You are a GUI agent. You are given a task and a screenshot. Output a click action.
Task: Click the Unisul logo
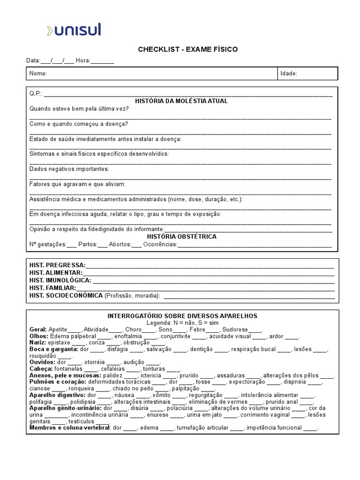click(74, 30)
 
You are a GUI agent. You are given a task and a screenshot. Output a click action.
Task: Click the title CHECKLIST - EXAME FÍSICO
click(187, 49)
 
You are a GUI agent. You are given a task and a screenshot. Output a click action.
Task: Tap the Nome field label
click(38, 74)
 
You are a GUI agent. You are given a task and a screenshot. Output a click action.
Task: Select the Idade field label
click(289, 74)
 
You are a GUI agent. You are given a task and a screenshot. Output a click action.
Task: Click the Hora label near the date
click(82, 60)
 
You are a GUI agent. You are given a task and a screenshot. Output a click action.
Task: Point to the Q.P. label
click(36, 94)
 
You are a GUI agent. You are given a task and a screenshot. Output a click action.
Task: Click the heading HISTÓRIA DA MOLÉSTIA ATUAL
click(181, 101)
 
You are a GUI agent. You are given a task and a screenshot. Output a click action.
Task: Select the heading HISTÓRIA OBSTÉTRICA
click(181, 237)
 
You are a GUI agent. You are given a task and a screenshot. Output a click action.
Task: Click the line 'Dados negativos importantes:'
click(69, 169)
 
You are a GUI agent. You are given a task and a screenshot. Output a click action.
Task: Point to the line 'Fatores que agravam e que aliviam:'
click(77, 184)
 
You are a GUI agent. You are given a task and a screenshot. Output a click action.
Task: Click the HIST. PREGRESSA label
click(57, 265)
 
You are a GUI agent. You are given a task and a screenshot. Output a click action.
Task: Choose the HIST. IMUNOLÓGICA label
click(60, 280)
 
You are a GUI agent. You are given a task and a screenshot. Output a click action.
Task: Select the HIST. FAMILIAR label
click(52, 288)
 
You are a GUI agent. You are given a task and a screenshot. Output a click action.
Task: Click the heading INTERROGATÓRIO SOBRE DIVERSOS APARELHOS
click(183, 316)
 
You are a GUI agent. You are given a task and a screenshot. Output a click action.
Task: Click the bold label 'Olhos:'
click(38, 337)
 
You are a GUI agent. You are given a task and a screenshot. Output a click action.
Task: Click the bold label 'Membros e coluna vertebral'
click(69, 427)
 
